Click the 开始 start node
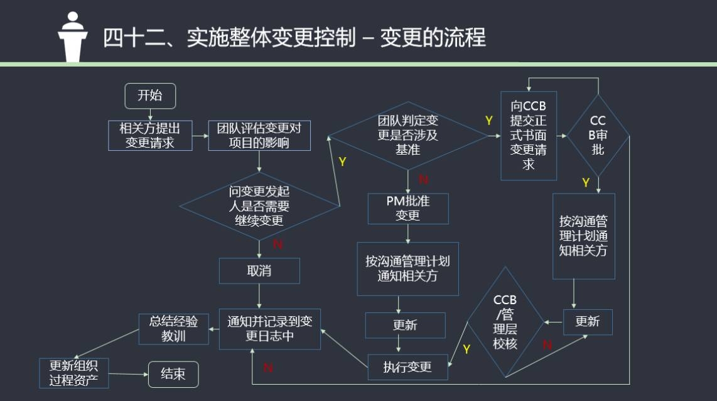[x=149, y=96]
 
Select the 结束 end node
[x=173, y=374]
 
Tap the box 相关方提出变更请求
[x=149, y=135]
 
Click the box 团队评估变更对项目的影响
[x=259, y=135]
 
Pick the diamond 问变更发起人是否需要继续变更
[x=259, y=206]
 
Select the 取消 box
[x=259, y=272]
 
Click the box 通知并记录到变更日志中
[x=269, y=329]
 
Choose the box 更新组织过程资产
[x=73, y=373]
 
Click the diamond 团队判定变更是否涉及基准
[x=408, y=135]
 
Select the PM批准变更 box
[x=408, y=208]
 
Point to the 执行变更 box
[x=407, y=367]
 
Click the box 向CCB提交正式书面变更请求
[x=528, y=135]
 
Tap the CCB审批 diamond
[x=598, y=135]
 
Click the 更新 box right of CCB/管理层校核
[x=587, y=322]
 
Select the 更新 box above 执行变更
[x=405, y=326]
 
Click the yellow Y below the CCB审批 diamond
[x=585, y=183]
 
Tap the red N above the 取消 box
[x=278, y=244]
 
